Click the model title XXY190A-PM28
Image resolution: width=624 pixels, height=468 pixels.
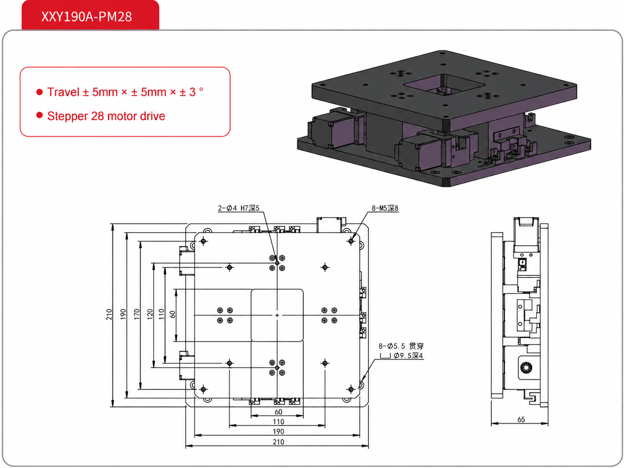pyautogui.click(x=87, y=17)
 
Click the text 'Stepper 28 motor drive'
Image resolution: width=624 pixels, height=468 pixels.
pyautogui.click(x=106, y=116)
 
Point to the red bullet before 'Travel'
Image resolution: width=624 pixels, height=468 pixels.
pyautogui.click(x=40, y=92)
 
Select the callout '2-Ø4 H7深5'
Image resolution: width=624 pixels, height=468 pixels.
pyautogui.click(x=238, y=208)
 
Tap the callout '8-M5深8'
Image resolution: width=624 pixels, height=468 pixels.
pyautogui.click(x=385, y=208)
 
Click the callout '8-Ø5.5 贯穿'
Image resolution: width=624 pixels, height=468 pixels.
pyautogui.click(x=401, y=346)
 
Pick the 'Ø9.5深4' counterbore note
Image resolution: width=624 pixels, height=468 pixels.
pyautogui.click(x=409, y=356)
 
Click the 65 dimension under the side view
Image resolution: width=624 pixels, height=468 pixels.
pyautogui.click(x=521, y=419)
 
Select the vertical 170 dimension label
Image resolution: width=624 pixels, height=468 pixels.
pyautogui.click(x=137, y=314)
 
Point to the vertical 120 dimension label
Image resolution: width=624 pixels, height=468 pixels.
pyautogui.click(x=150, y=314)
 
